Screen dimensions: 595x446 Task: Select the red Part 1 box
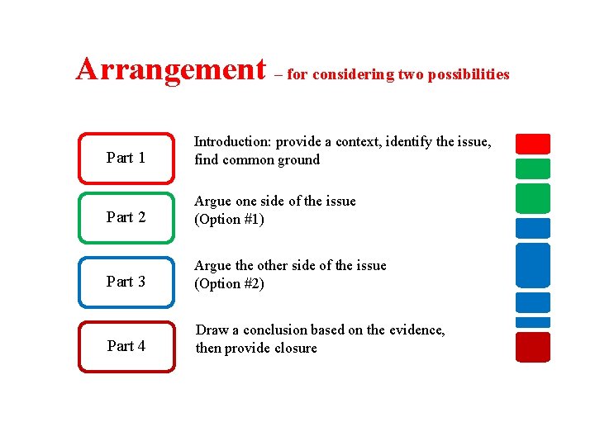tap(126, 157)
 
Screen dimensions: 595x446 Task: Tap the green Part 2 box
tap(126, 217)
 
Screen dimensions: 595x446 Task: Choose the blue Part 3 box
tap(126, 282)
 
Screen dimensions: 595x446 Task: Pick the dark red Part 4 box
tap(126, 346)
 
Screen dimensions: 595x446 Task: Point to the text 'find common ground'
tap(256, 160)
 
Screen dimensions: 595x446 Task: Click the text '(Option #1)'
tap(229, 220)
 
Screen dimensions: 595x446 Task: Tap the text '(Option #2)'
tap(229, 284)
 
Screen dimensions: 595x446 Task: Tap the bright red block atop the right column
tap(532, 144)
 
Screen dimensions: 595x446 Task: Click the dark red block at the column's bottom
tap(532, 347)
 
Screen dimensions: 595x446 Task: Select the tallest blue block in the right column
tap(532, 265)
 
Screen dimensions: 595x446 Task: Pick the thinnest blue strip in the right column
tap(532, 322)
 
